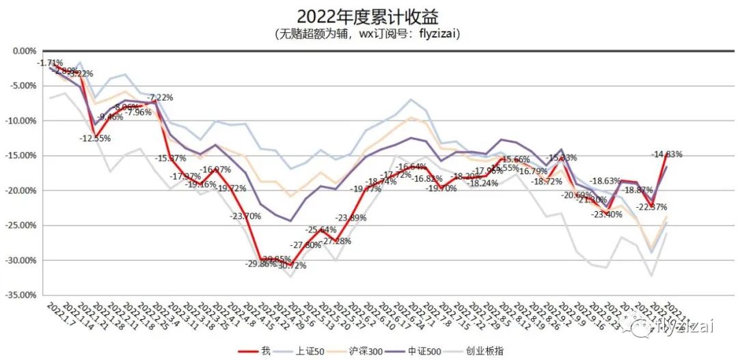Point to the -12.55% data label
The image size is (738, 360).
[x=94, y=138]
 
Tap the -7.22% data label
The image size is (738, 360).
[x=161, y=98]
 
